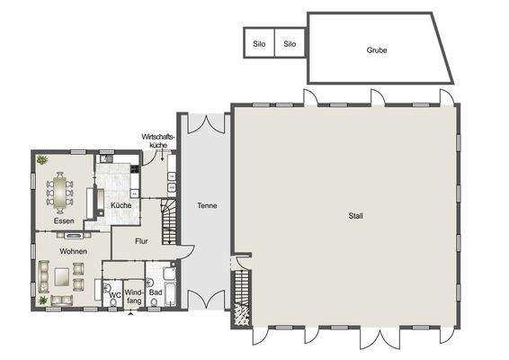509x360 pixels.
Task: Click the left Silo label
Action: tap(259, 43)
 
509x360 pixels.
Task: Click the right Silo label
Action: tap(290, 43)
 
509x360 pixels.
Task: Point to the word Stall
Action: tap(356, 216)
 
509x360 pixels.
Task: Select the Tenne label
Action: tap(207, 206)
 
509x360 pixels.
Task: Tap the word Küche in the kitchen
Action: tap(121, 206)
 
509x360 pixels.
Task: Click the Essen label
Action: tap(63, 220)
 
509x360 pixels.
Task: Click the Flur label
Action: tap(141, 241)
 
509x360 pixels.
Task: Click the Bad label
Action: tap(156, 292)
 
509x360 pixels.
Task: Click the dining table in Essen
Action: tap(61, 191)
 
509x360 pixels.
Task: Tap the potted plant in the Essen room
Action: tap(41, 160)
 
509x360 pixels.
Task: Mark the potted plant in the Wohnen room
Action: tap(42, 300)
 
